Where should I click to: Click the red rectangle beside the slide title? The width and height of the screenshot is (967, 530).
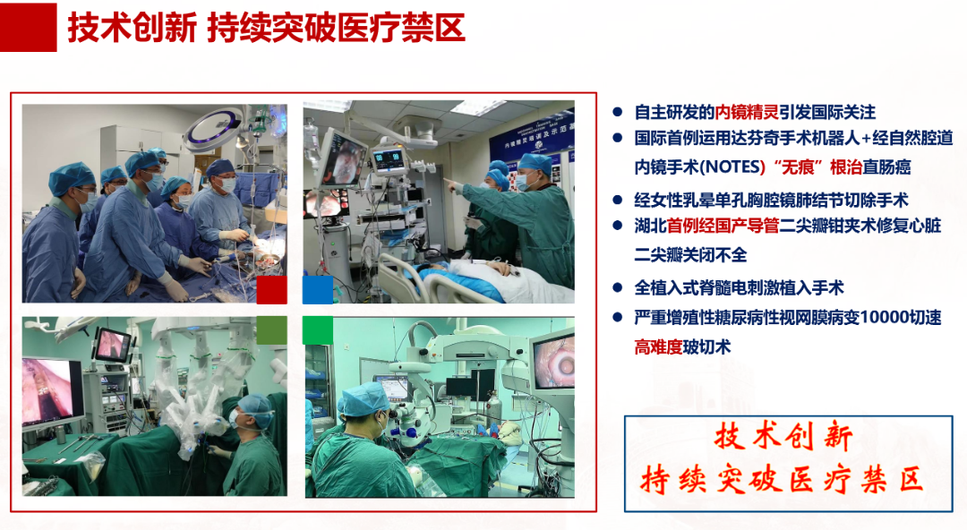tap(29, 27)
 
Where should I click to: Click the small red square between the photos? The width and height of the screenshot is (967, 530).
tap(271, 290)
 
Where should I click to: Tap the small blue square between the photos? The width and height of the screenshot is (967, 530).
tap(318, 290)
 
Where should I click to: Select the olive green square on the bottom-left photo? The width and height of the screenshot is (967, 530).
tap(271, 330)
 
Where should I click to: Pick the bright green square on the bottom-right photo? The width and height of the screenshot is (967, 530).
tap(318, 330)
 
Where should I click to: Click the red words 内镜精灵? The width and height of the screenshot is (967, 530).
tap(747, 112)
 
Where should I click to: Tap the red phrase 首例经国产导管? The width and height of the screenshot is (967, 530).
tap(723, 226)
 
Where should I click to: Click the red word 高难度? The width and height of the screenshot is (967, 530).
tap(658, 347)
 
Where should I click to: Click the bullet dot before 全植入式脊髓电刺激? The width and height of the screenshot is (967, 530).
tap(617, 287)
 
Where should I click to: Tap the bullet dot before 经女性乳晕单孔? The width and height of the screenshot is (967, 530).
tap(617, 200)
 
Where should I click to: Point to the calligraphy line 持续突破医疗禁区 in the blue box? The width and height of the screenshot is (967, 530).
tap(782, 480)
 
